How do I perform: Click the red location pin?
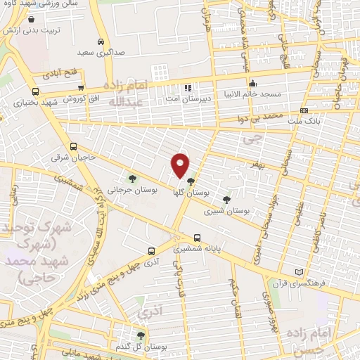(181, 165)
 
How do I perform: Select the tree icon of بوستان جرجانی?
(132, 179)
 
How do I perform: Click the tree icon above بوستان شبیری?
(226, 200)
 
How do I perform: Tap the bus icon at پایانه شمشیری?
(197, 238)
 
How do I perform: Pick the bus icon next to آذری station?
(152, 250)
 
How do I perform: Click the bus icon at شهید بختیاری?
(36, 91)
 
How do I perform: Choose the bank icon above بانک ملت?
(303, 110)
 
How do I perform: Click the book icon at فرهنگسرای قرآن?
(300, 272)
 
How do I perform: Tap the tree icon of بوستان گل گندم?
(141, 335)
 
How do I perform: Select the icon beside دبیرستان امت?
(187, 88)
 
